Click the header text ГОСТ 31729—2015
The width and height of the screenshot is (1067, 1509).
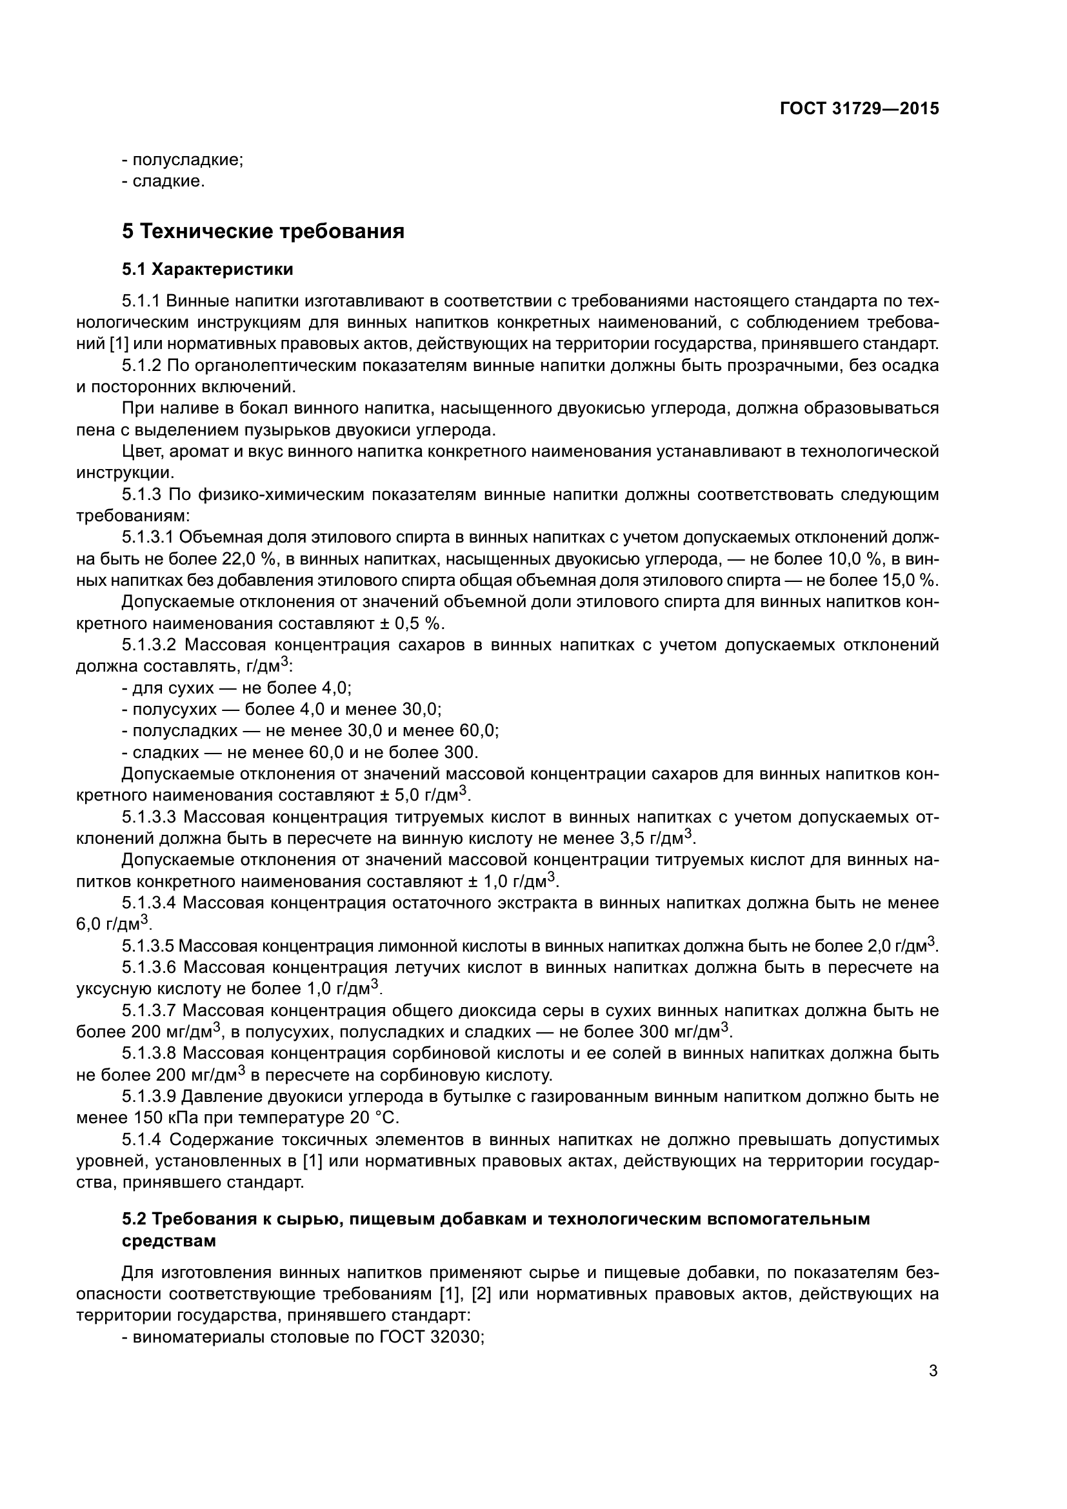tap(859, 109)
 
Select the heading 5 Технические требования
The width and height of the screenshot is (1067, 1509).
tap(263, 232)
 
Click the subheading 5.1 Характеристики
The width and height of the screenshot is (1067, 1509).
tap(208, 270)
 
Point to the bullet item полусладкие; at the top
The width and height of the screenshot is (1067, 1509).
tap(183, 161)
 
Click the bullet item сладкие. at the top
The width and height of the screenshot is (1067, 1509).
tap(164, 181)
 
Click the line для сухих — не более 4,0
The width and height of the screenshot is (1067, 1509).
tap(237, 688)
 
